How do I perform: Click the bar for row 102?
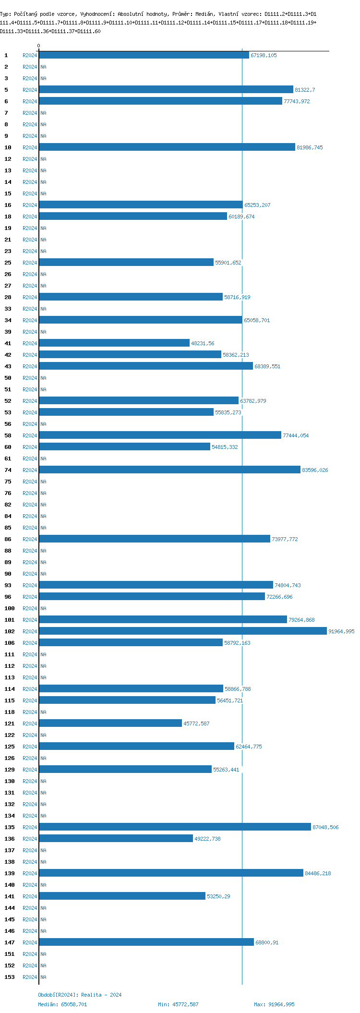(182, 631)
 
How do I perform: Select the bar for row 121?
(110, 723)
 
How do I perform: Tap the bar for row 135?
(175, 827)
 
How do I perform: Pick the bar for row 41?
(114, 343)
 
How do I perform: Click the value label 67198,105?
(264, 55)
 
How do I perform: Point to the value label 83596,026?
(315, 470)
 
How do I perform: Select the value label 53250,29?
(218, 896)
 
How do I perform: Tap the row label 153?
(9, 977)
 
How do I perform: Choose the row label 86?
(8, 539)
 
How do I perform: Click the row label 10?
(8, 147)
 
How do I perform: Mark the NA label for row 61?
(43, 458)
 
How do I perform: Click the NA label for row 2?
(43, 67)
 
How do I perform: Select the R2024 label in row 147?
(30, 942)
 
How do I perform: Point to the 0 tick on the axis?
(38, 46)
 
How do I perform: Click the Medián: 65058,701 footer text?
(62, 1004)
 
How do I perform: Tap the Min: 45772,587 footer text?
(178, 1004)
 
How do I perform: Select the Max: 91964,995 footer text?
(274, 1004)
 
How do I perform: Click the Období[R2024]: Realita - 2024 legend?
(80, 995)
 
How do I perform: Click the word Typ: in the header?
(5, 14)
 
